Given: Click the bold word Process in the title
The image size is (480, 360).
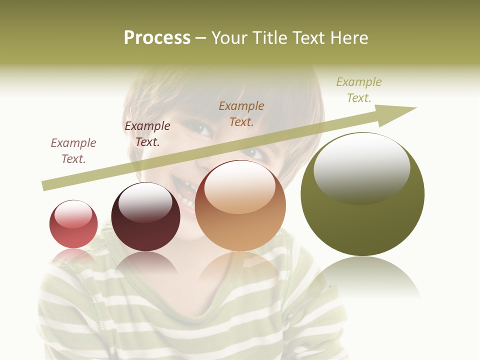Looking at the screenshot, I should point(157,38).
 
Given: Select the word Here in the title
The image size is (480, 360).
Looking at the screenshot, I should point(348,38).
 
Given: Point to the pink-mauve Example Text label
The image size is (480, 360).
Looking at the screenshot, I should point(73,151).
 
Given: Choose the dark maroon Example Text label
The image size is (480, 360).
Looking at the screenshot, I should point(147,134).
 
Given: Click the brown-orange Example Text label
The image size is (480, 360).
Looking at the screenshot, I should point(241,113).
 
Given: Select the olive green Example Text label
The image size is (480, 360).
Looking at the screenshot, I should point(359,89).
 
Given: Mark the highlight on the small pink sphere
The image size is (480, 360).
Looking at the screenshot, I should point(73,214).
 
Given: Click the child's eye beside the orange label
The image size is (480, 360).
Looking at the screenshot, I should point(202,129).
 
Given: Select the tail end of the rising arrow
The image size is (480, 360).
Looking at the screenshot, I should point(46,186).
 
